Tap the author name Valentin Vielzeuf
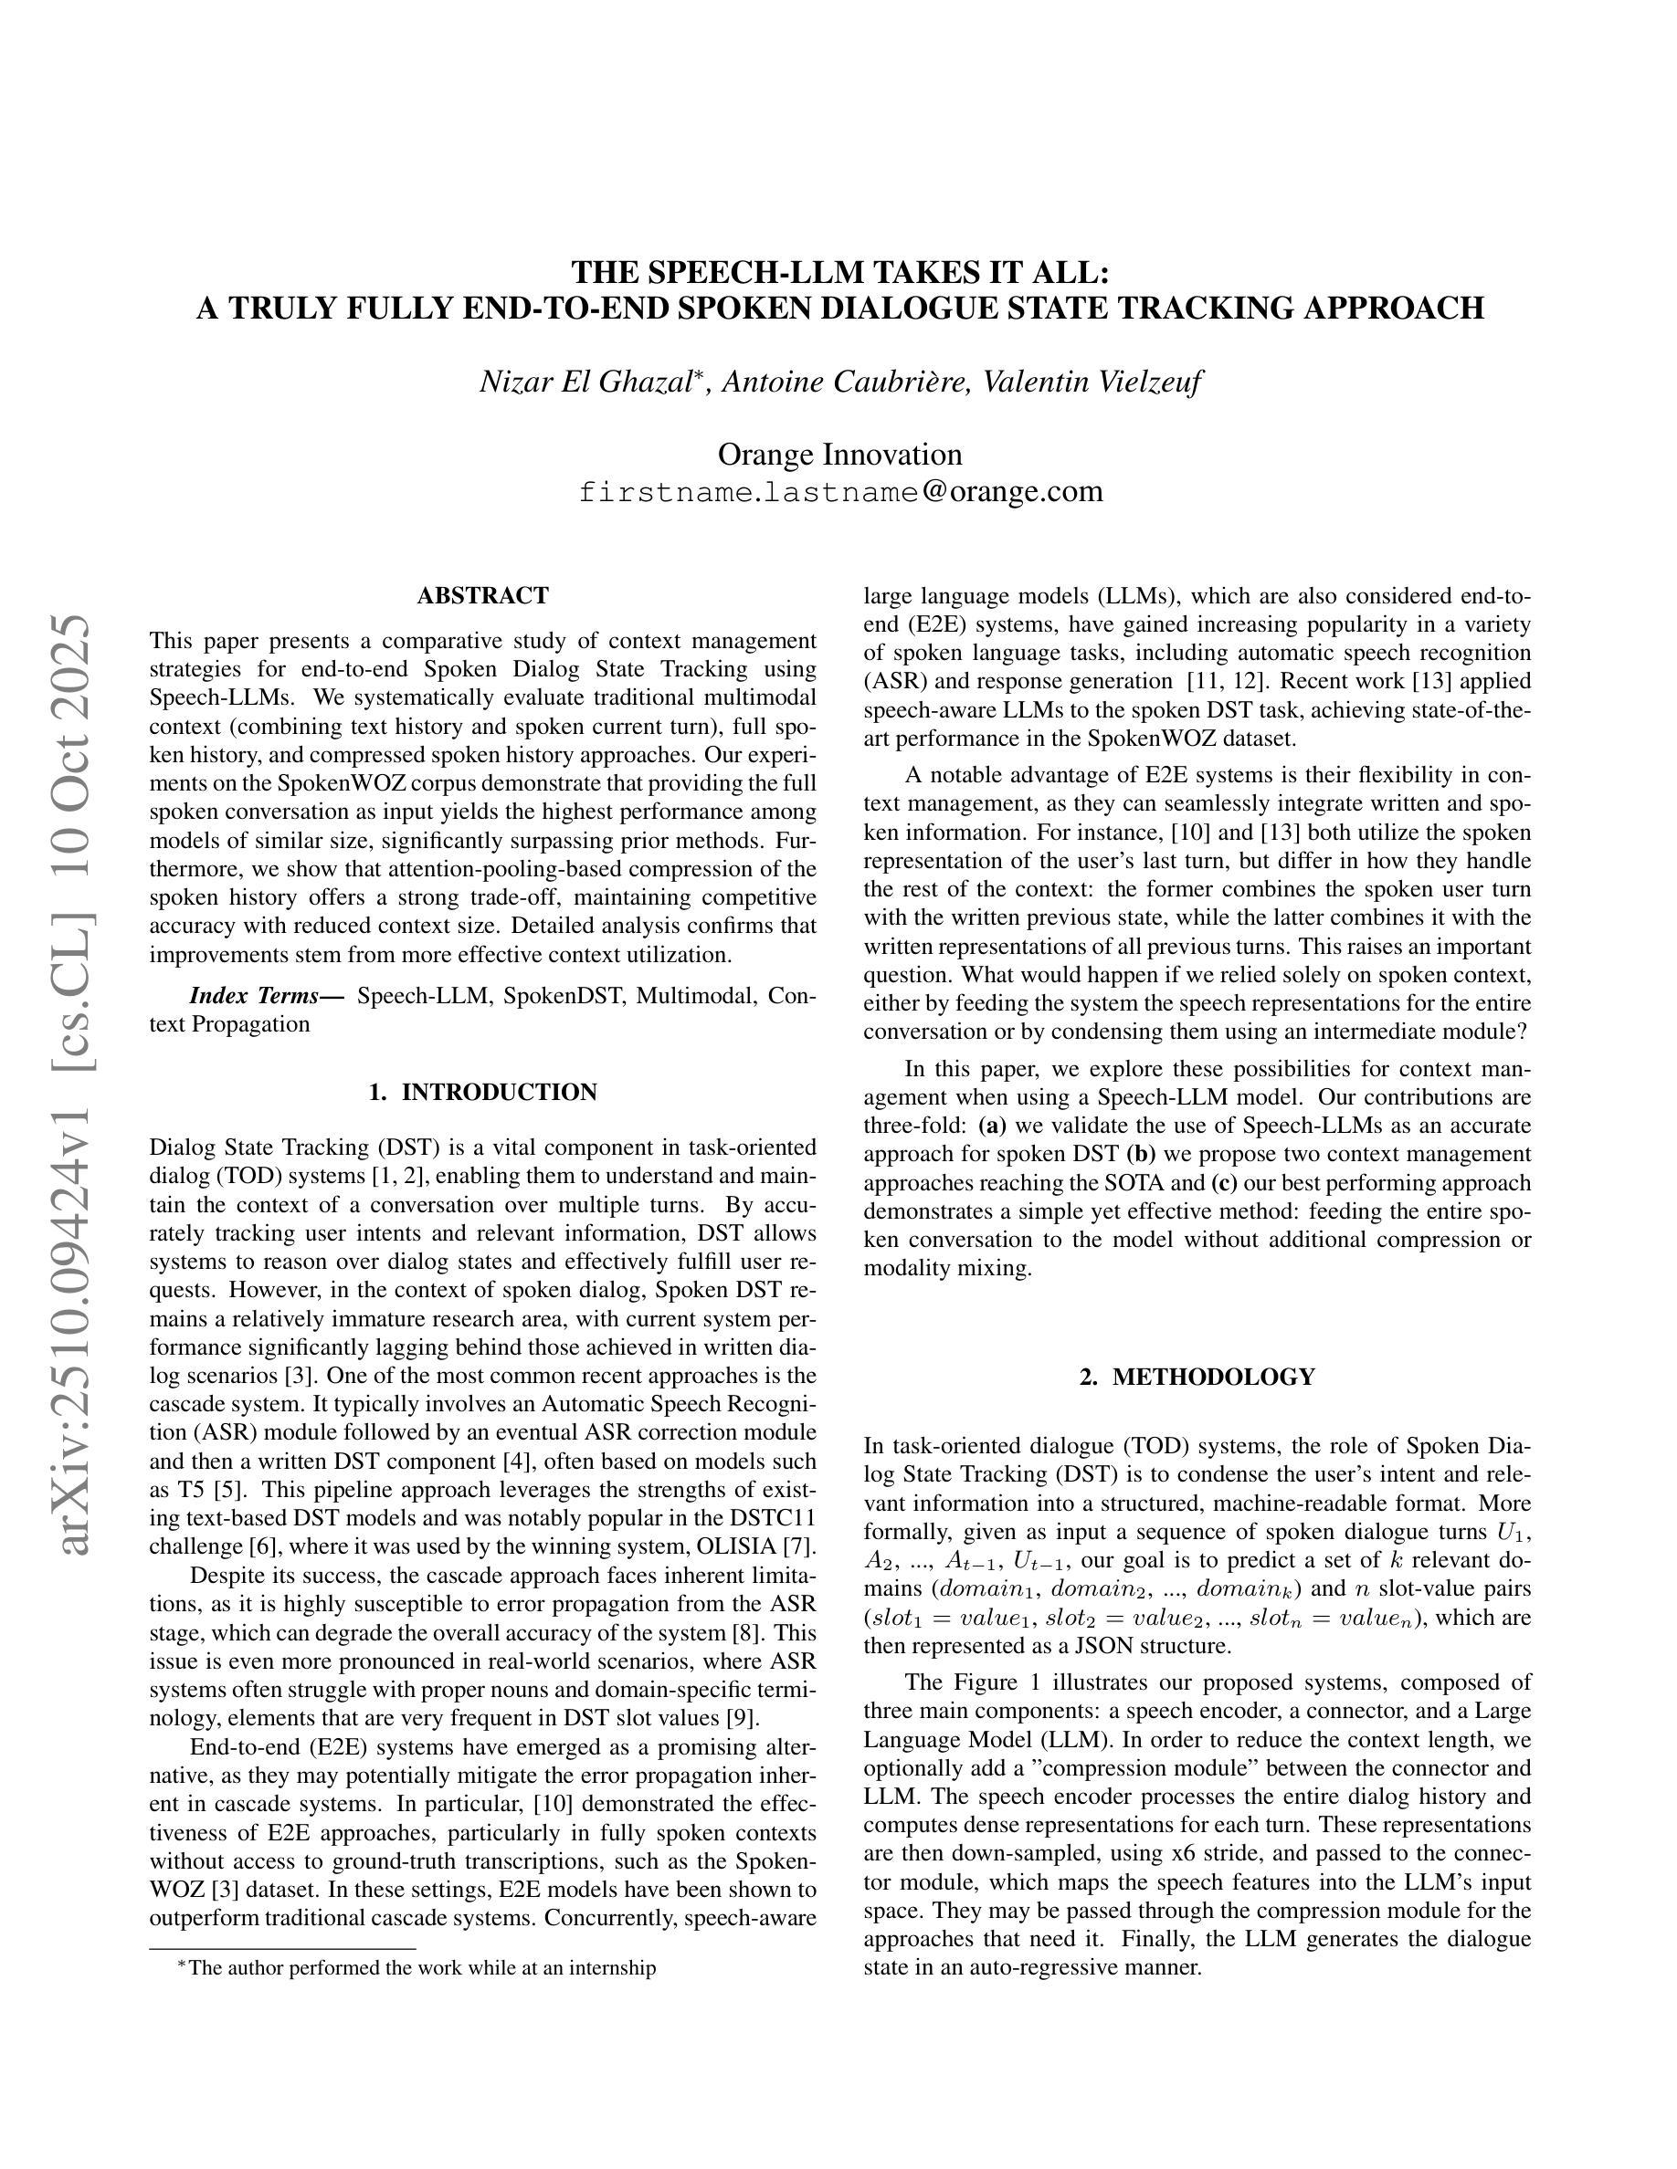(x=1092, y=382)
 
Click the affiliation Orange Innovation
(x=839, y=455)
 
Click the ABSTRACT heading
(x=483, y=596)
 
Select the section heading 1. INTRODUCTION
(x=483, y=1093)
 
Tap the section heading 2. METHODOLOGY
(x=1197, y=1377)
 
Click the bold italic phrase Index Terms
(x=266, y=995)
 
